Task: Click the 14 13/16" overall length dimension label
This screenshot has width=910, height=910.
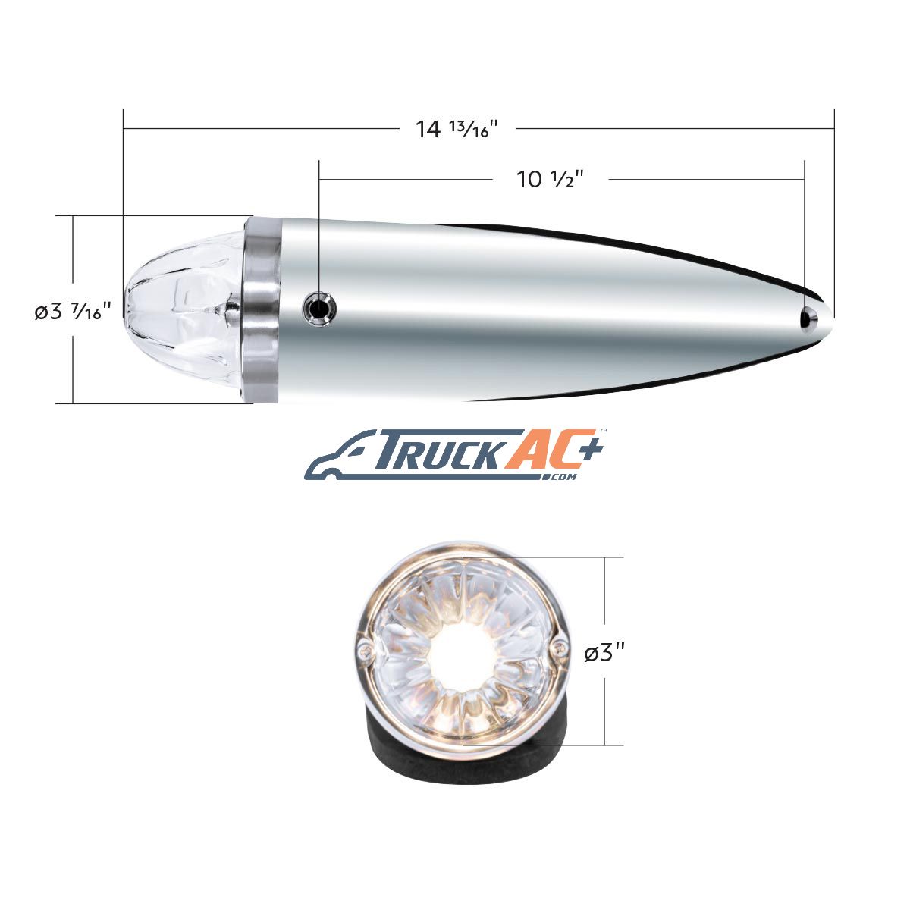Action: (x=457, y=129)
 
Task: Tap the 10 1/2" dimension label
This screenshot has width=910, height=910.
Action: (x=550, y=180)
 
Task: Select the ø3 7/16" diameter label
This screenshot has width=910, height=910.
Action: (x=73, y=311)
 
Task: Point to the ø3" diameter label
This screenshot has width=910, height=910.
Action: (x=604, y=654)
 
